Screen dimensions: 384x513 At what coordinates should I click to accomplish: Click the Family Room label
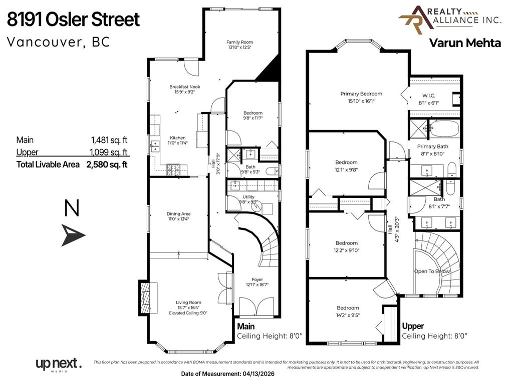coord(239,42)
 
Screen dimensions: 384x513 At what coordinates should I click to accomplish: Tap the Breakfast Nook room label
coord(184,87)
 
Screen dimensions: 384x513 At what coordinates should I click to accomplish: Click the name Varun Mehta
coord(465,43)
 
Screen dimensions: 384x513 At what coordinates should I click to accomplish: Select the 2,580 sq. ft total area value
coord(107,164)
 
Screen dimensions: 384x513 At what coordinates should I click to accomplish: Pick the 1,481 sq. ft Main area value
coord(109,140)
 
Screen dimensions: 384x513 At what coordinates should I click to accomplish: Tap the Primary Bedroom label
coord(361,93)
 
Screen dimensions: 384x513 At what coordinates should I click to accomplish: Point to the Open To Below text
coord(432,271)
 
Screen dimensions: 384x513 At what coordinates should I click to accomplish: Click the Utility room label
coord(248,196)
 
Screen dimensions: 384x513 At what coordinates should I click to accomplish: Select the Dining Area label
coord(178,214)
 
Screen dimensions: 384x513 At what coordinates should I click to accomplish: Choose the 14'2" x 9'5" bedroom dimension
coord(347,315)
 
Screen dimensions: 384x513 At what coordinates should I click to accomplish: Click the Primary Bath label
coord(432,146)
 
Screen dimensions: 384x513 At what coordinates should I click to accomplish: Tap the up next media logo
coord(58,364)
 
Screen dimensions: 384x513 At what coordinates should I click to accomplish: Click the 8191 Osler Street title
coord(73,20)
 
